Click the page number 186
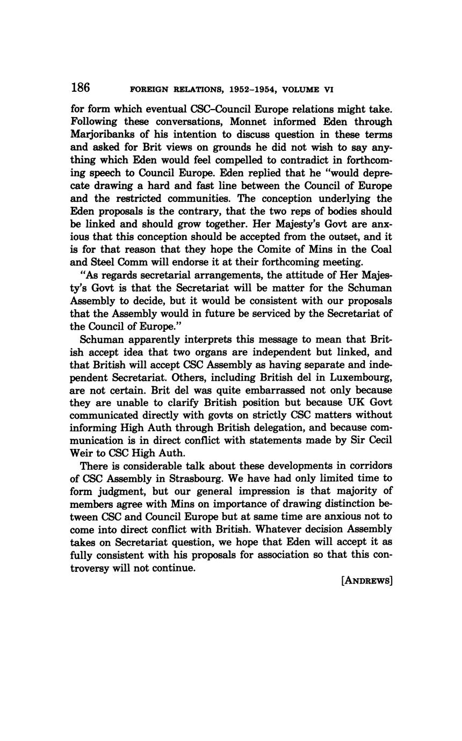pyautogui.click(x=80, y=88)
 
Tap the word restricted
pyautogui.click(x=143, y=198)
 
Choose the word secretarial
pyautogui.click(x=154, y=275)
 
